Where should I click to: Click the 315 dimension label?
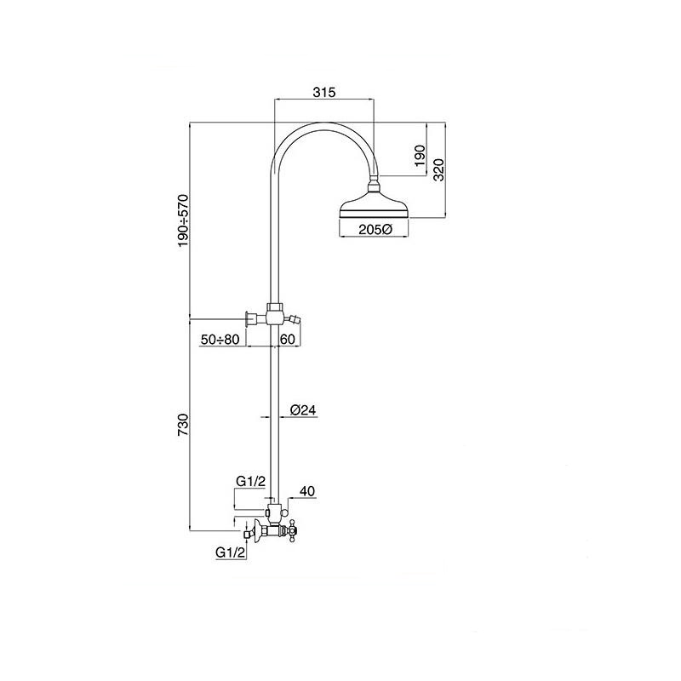(x=324, y=92)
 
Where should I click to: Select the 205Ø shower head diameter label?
(x=375, y=229)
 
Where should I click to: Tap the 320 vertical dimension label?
(x=439, y=169)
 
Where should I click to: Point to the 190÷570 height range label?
(x=183, y=221)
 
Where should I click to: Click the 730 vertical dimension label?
(x=183, y=425)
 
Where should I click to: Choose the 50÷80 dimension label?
(x=220, y=339)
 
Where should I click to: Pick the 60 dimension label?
(x=288, y=339)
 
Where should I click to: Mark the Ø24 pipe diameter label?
(x=303, y=409)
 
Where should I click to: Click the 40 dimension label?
(x=307, y=491)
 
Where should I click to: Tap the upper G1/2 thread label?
(x=250, y=481)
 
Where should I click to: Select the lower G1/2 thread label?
(x=231, y=552)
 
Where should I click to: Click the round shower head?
(x=374, y=209)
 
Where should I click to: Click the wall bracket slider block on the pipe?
(x=274, y=313)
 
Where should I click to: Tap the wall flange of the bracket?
(x=249, y=318)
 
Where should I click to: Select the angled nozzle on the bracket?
(x=294, y=321)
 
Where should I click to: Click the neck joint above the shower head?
(x=374, y=187)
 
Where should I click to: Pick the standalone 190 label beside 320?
(x=420, y=157)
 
